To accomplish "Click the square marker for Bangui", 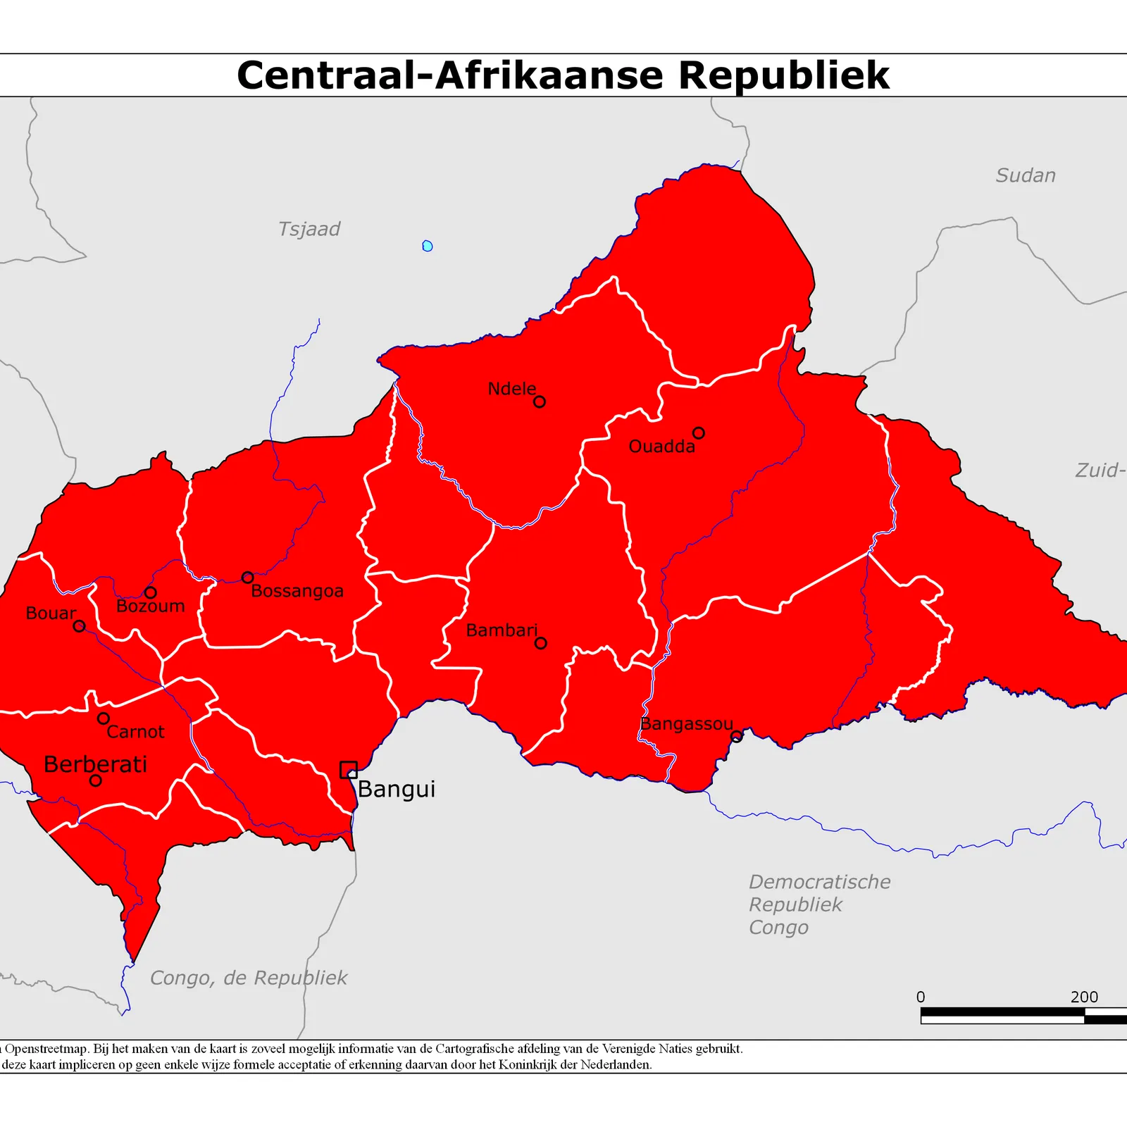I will pos(348,769).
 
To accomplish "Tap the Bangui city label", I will pos(397,790).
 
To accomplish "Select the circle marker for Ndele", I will pos(540,401).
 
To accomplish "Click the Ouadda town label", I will pos(661,447).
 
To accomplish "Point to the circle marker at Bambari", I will pos(540,642).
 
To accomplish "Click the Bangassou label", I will pos(687,724).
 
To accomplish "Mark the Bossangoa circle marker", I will pos(247,578).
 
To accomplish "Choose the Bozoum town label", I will pos(150,606).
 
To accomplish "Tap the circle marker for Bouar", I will pos(80,625).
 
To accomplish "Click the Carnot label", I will pos(135,733).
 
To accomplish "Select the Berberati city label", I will pos(96,764).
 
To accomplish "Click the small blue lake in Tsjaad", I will pos(428,246).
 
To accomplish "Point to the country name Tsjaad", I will pos(309,229).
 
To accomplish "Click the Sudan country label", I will pos(1026,175).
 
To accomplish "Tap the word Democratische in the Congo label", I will pos(819,882).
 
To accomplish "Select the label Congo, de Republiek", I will pos(249,978).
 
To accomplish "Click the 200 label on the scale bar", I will pos(1084,997).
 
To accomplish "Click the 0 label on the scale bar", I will pos(921,997).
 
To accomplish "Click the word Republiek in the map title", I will pos(783,75).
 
